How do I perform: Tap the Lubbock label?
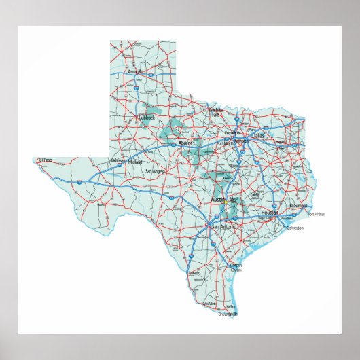[x=147, y=118]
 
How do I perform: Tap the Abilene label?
[x=185, y=143]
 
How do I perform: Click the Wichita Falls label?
[x=215, y=113]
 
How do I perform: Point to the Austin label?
[x=217, y=200]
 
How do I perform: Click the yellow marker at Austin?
[x=225, y=201]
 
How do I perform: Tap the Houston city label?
[x=270, y=213]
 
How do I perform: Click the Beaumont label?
[x=298, y=204]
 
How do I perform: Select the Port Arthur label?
[x=316, y=214]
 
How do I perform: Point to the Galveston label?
[x=295, y=228]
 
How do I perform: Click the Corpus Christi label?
[x=235, y=267]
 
